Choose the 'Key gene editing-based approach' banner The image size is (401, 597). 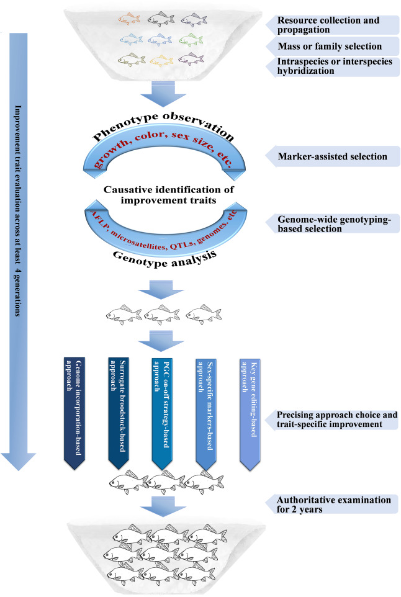[x=250, y=406]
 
